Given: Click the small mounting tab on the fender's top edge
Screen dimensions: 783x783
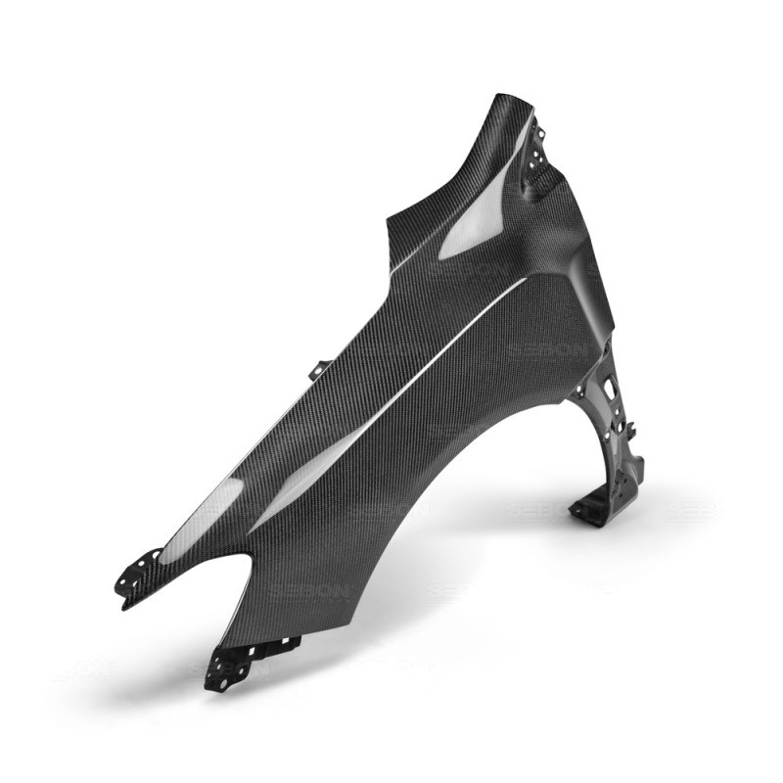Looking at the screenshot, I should [x=319, y=371].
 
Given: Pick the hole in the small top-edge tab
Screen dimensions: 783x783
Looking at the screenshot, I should [x=318, y=369].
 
